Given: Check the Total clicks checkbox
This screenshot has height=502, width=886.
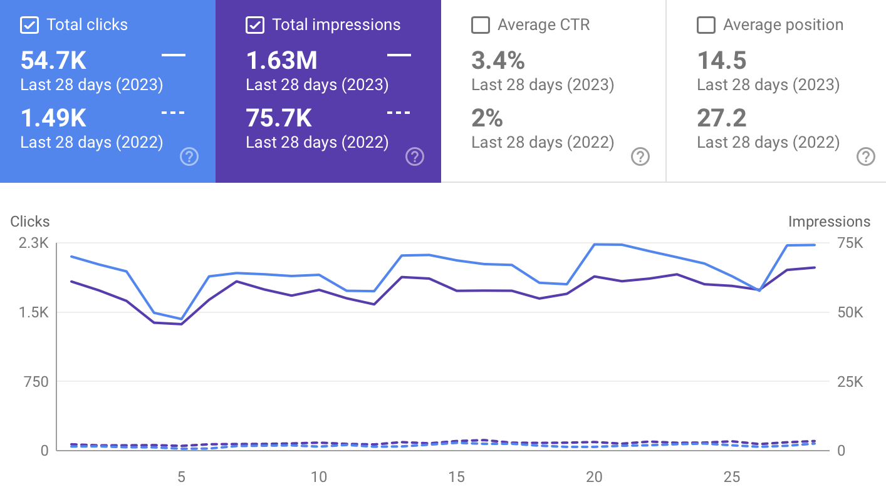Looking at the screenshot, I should (x=29, y=25).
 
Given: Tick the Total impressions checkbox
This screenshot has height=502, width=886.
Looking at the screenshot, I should (x=254, y=25).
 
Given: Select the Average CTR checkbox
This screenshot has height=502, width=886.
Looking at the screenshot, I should (x=480, y=25).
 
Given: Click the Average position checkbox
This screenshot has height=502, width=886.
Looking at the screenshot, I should (x=706, y=25).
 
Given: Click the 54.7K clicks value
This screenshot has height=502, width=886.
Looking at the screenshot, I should (x=53, y=61).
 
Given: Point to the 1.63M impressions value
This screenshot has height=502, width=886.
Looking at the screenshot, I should (x=281, y=61).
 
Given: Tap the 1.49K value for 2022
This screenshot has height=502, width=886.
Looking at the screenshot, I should (x=53, y=118).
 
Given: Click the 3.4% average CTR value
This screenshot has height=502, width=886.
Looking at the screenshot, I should (x=498, y=61).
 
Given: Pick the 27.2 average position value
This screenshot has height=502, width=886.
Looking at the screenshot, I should (x=722, y=118).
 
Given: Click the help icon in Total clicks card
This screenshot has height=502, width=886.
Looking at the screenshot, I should (x=189, y=156).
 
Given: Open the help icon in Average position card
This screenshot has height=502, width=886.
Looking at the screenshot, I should (x=865, y=156).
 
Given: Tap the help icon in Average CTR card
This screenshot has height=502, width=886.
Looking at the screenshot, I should (x=640, y=156).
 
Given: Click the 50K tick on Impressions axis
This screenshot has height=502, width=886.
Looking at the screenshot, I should (x=850, y=312).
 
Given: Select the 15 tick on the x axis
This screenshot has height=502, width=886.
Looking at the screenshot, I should (x=456, y=477).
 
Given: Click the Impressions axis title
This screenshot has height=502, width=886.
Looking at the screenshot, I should (x=829, y=222).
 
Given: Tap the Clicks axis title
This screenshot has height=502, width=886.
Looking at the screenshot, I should (x=30, y=222).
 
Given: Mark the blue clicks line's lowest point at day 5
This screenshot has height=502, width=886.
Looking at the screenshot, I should (x=181, y=319).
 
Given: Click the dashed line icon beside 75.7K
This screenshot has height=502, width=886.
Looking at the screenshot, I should (x=399, y=113).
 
